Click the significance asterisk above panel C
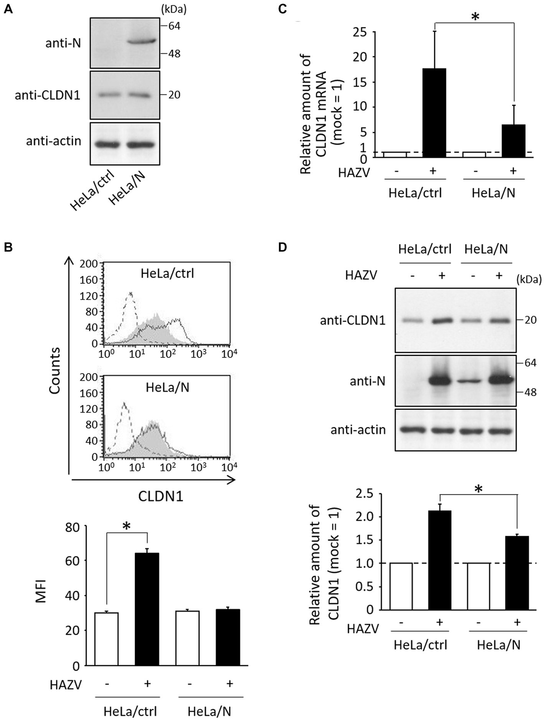(x=475, y=17)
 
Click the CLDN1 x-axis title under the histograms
(x=160, y=496)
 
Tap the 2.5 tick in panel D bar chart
(x=364, y=494)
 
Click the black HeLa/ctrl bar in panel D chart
(x=439, y=560)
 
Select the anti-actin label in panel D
(x=358, y=429)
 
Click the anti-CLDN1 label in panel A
(x=48, y=95)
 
